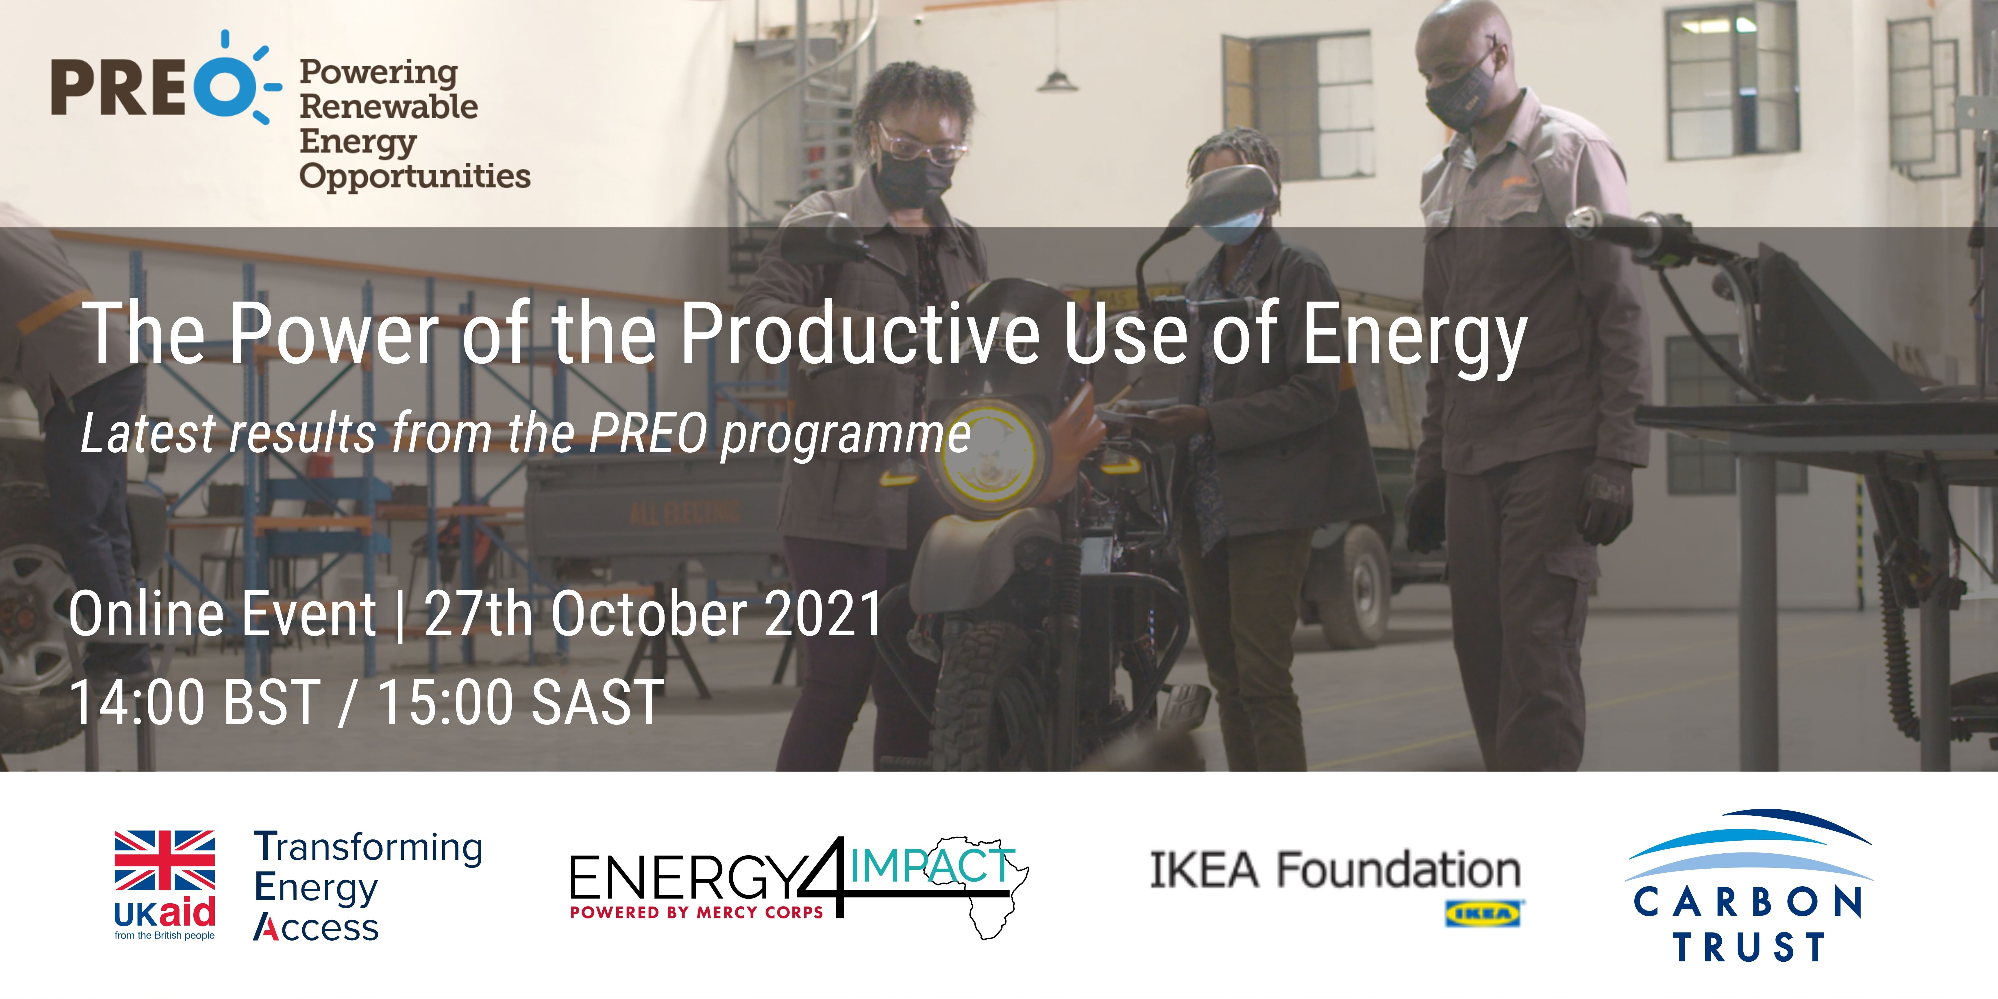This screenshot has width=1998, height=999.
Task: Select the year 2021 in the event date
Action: pos(824,613)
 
